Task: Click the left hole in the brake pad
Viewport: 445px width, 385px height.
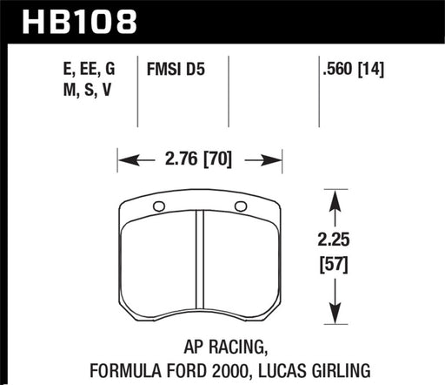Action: tap(158, 206)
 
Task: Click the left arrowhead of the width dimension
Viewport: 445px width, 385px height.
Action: tap(125, 159)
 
